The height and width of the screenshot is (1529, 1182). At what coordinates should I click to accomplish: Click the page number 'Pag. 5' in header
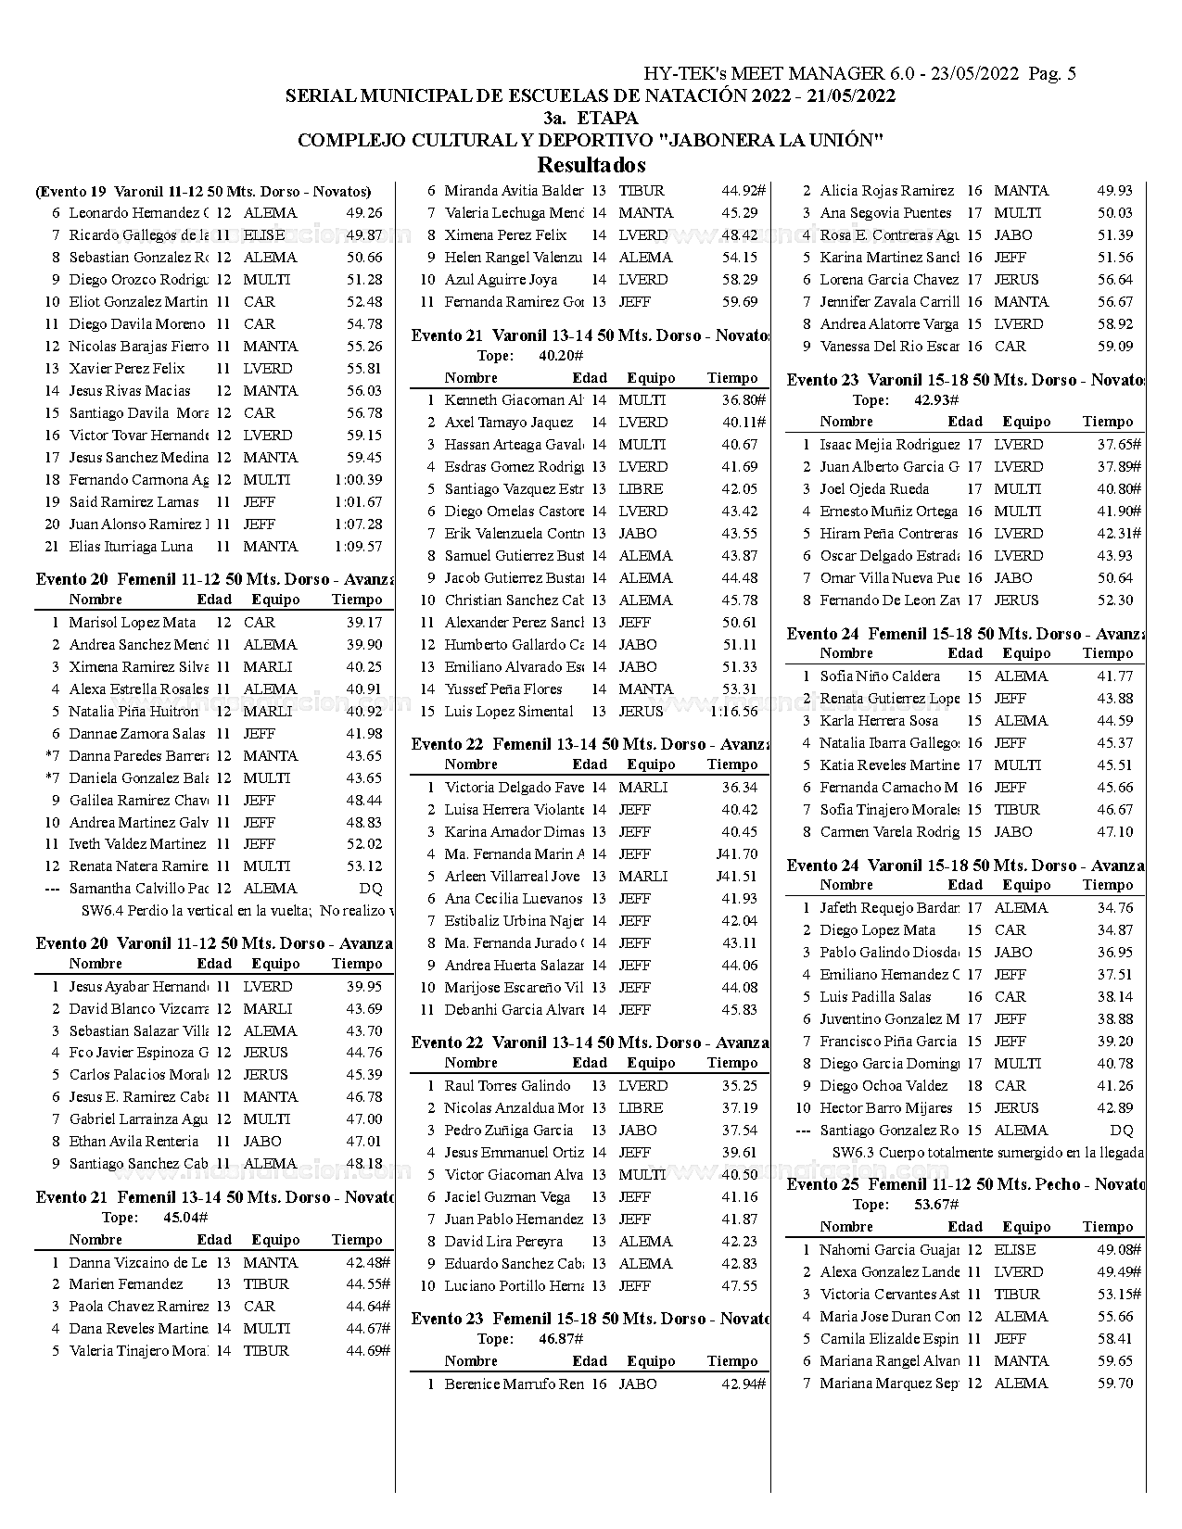coord(1052,74)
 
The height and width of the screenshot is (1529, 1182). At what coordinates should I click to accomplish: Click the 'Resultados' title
coord(591,165)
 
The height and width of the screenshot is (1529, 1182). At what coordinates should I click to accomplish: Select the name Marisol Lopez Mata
coord(133,623)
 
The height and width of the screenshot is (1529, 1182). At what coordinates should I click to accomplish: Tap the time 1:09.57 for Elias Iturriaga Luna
coord(359,547)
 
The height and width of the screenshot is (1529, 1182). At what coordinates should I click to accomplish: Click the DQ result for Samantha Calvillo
coord(370,889)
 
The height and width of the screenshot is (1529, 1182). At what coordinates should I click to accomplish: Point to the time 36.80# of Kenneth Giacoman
coord(744,400)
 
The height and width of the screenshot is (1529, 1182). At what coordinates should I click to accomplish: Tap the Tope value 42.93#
coord(937,400)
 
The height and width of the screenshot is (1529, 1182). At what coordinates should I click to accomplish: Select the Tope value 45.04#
coord(185,1218)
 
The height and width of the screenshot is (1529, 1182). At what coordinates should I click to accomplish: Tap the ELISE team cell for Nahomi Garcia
coord(1015,1250)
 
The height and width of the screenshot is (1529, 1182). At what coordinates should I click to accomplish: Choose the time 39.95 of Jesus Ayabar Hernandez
coord(364,987)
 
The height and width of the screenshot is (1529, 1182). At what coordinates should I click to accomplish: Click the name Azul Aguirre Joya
coord(501,280)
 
